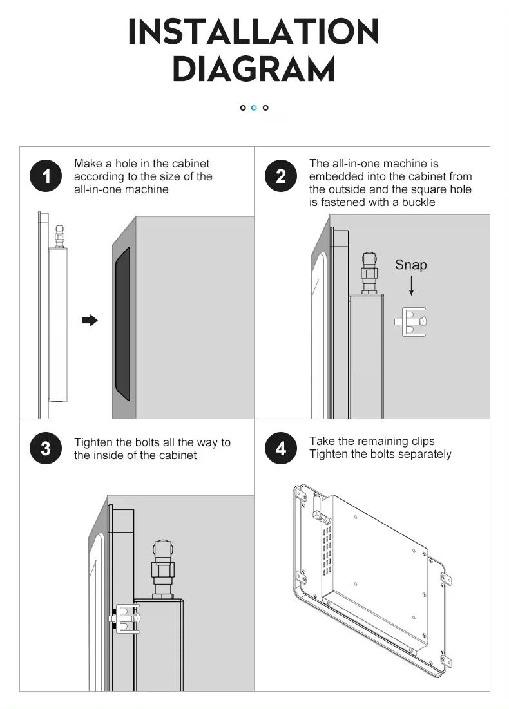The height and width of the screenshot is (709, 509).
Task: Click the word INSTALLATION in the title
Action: (254, 32)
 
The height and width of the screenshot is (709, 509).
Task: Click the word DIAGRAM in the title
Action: (254, 70)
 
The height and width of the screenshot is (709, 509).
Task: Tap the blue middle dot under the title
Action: (254, 108)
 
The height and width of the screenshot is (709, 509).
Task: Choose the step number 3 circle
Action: (46, 448)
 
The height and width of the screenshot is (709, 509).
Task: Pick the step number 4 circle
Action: (281, 448)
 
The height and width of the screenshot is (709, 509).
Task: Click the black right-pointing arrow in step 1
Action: (90, 320)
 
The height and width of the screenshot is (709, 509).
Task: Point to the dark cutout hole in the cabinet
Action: (122, 321)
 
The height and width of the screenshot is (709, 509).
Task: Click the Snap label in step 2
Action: (410, 265)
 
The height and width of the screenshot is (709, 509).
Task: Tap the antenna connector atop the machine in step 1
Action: (60, 236)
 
